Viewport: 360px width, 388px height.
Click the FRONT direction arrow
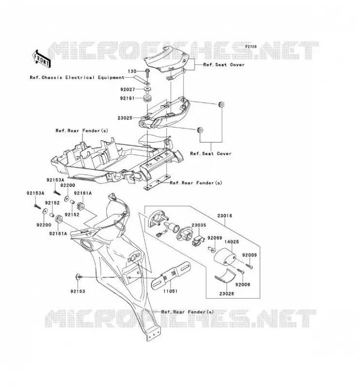pos(41,59)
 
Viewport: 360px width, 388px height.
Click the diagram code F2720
pos(251,47)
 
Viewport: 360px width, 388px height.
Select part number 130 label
pos(132,71)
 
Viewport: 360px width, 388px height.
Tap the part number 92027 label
pos(128,89)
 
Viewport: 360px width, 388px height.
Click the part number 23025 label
pos(125,118)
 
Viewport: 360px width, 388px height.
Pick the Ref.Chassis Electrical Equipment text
pos(77,78)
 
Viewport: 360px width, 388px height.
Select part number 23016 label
pos(225,216)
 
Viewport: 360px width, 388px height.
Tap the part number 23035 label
pos(198,225)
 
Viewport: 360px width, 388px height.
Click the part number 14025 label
pos(231,242)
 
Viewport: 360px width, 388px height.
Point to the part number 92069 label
pos(214,238)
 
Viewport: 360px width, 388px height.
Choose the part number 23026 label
pos(227,294)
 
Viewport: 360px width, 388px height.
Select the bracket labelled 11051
pos(171,275)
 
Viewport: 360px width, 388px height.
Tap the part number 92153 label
pos(78,291)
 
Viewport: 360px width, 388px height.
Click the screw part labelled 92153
pos(79,276)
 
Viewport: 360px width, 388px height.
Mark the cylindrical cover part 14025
pos(225,258)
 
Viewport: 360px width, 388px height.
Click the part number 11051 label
pos(170,291)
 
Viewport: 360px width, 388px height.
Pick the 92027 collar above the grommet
pos(147,89)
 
